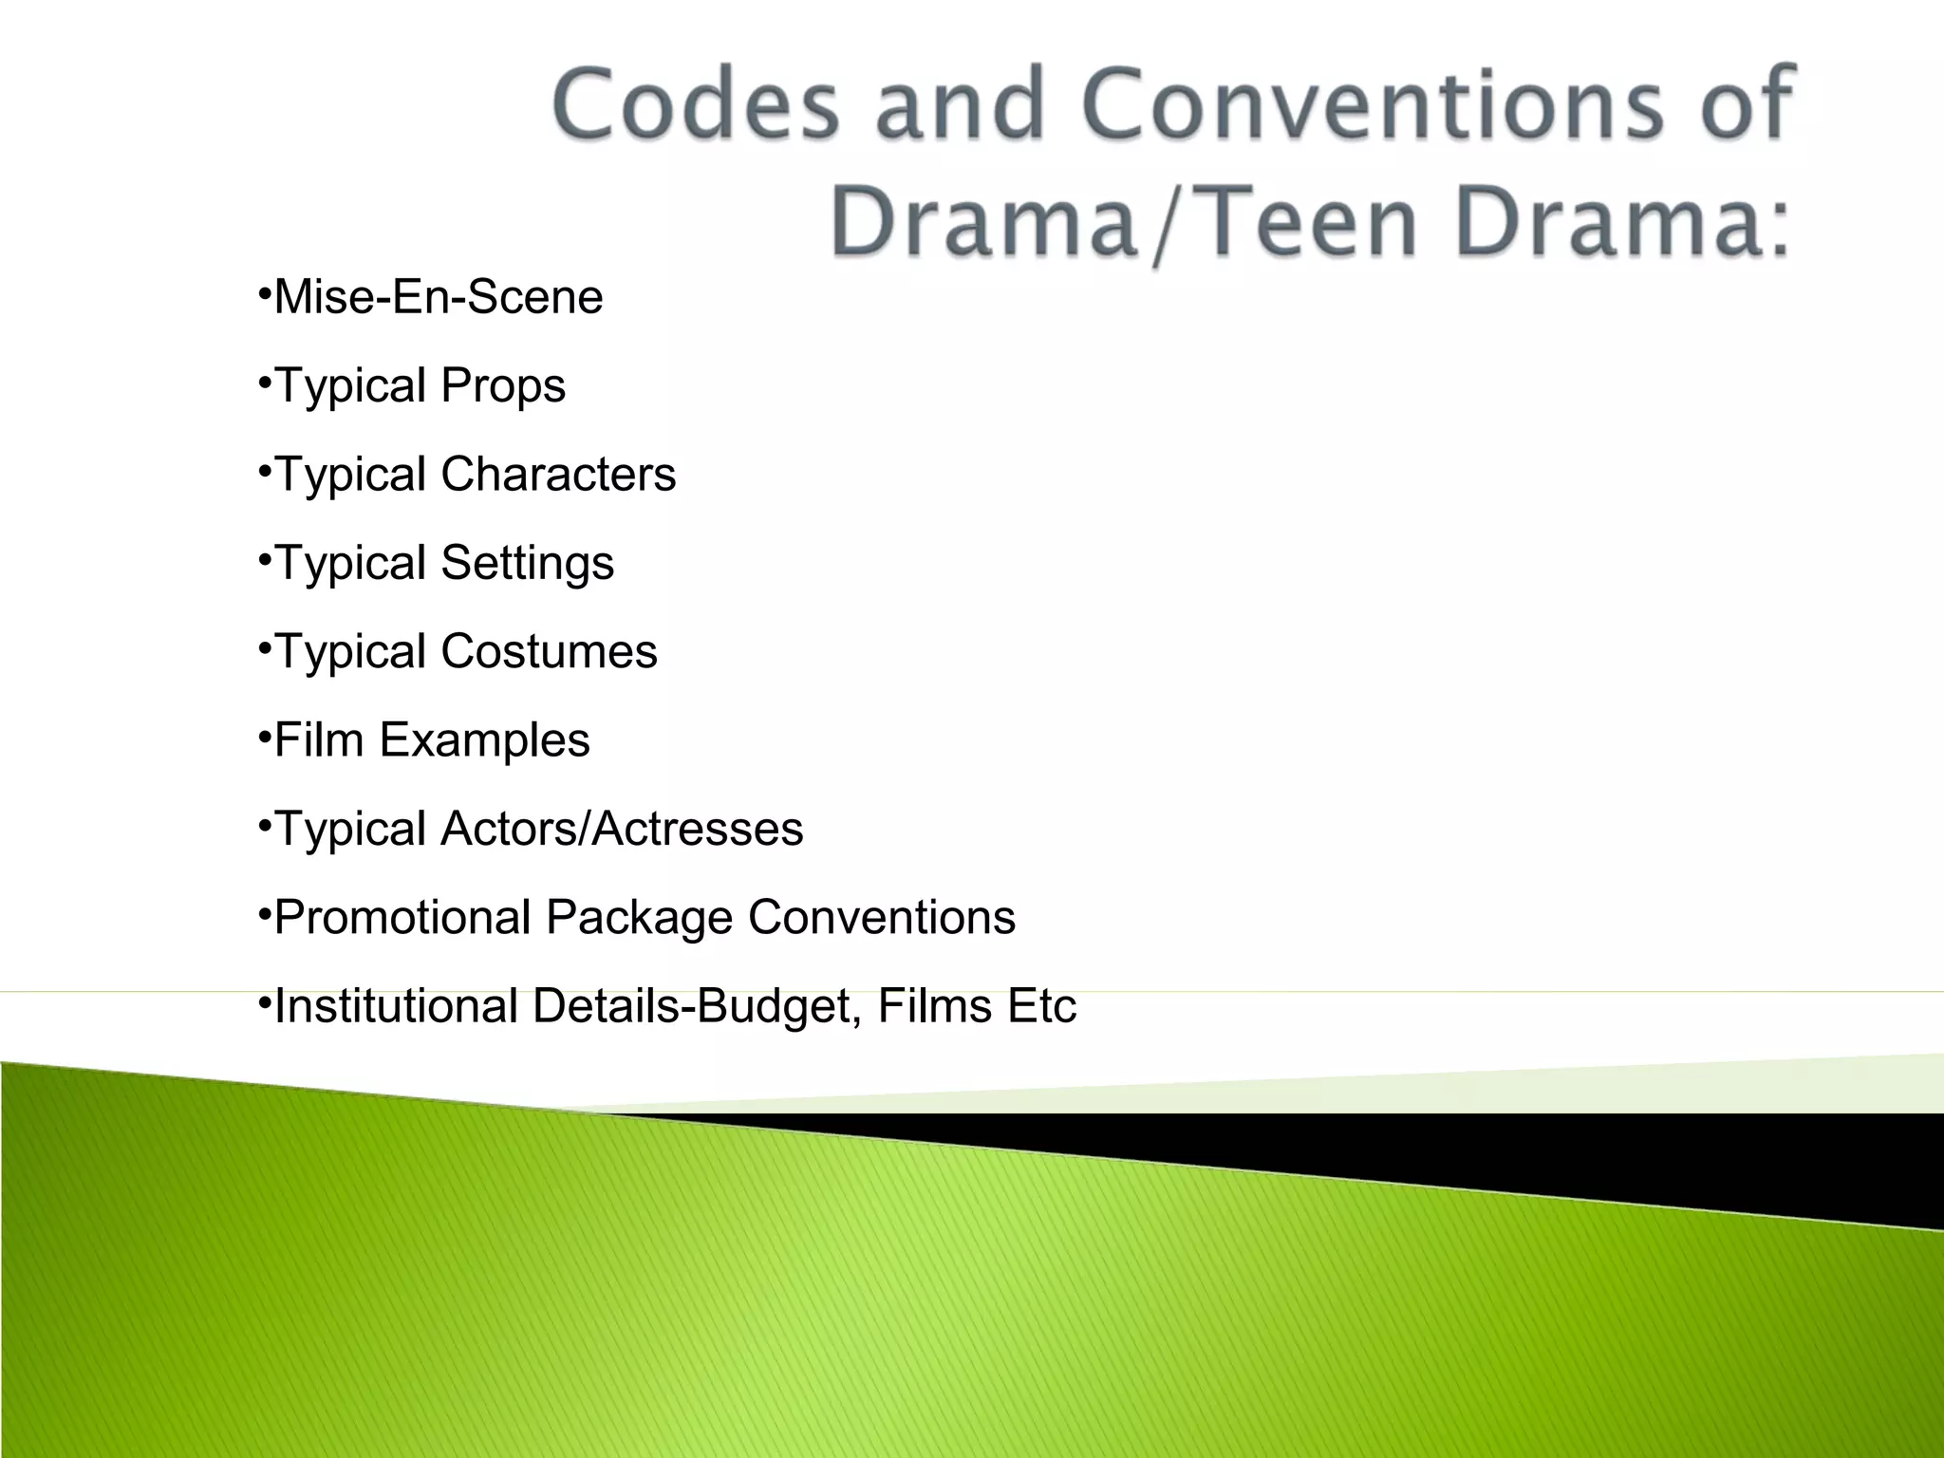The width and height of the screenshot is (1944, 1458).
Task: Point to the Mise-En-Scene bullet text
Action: pyautogui.click(x=438, y=297)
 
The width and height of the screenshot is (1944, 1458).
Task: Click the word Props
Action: pyautogui.click(x=503, y=386)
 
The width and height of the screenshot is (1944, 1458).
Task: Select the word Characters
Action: pyautogui.click(x=558, y=474)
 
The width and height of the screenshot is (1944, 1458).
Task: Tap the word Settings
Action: pyautogui.click(x=528, y=563)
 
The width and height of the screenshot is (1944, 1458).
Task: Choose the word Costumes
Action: pyautogui.click(x=549, y=651)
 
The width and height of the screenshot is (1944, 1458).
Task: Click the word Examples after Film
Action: pyautogui.click(x=484, y=739)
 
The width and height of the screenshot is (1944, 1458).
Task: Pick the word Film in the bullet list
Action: pyautogui.click(x=319, y=739)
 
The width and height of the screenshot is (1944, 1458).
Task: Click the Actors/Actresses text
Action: pyautogui.click(x=622, y=829)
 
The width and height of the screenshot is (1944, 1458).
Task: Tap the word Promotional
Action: pyautogui.click(x=402, y=918)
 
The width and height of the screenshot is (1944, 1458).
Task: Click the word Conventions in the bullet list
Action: pyautogui.click(x=882, y=917)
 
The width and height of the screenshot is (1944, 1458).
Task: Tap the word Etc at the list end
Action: pyautogui.click(x=1042, y=1006)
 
